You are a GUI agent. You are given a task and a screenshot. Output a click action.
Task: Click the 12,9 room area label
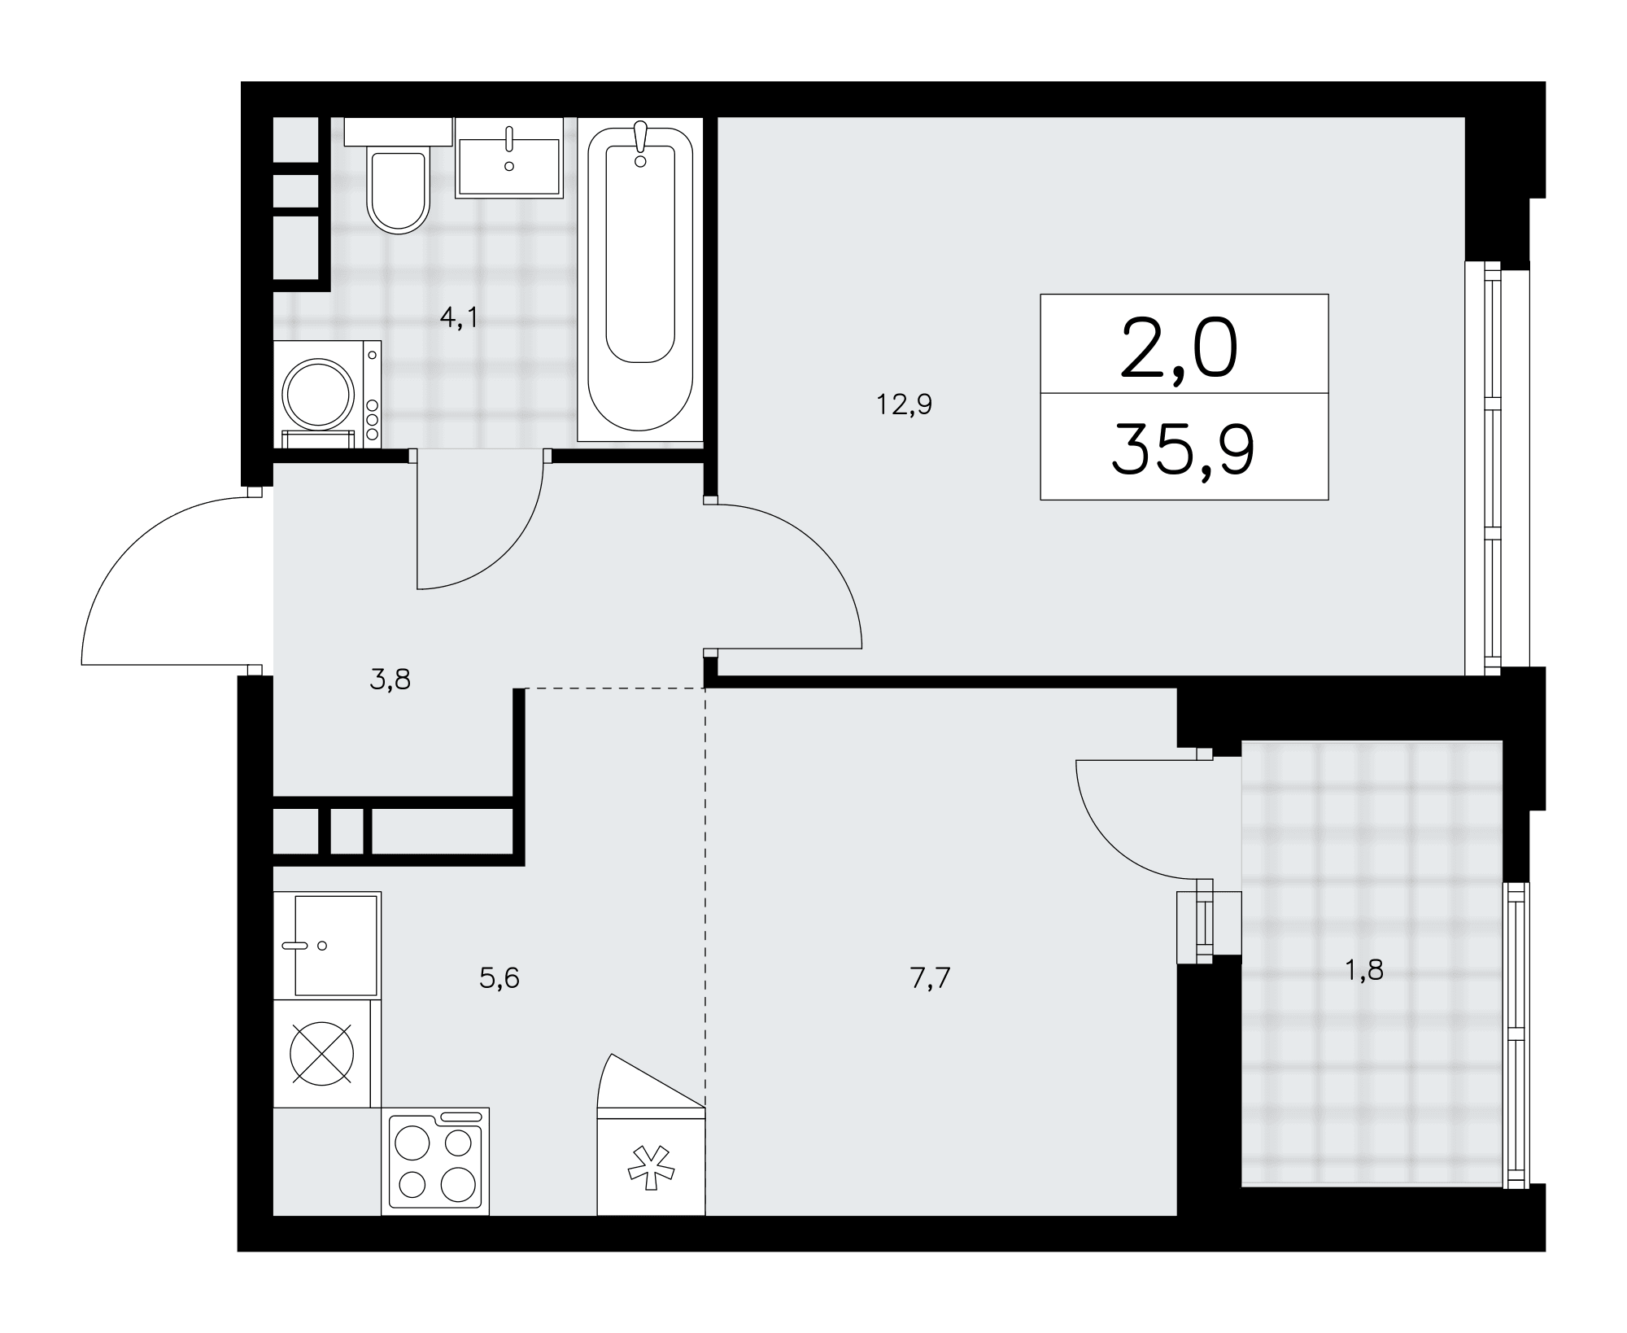[904, 404]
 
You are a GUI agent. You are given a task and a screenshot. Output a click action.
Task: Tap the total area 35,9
[1184, 450]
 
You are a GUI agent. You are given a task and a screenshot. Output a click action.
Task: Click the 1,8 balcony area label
[1364, 971]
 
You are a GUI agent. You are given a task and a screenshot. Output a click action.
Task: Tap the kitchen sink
[327, 945]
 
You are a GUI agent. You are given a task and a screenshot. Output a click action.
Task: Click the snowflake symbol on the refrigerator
[651, 1169]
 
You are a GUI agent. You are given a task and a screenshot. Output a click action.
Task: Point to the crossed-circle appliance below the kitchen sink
[323, 1054]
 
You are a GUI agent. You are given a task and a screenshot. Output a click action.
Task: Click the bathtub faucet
[641, 143]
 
